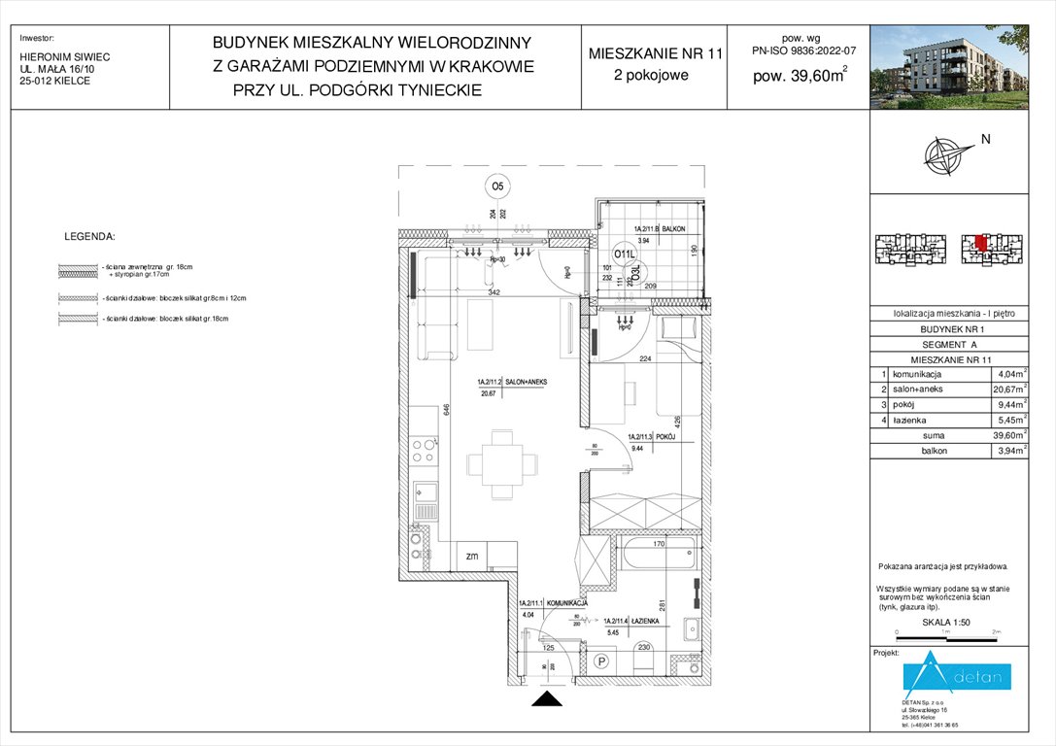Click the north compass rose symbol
point(949,155)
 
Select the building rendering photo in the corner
point(962,67)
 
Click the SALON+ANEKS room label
point(512,383)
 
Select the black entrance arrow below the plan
point(548,699)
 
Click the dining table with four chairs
point(501,463)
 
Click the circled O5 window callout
point(497,186)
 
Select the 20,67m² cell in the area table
point(1009,389)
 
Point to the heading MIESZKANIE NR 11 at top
point(656,54)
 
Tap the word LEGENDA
point(89,236)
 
